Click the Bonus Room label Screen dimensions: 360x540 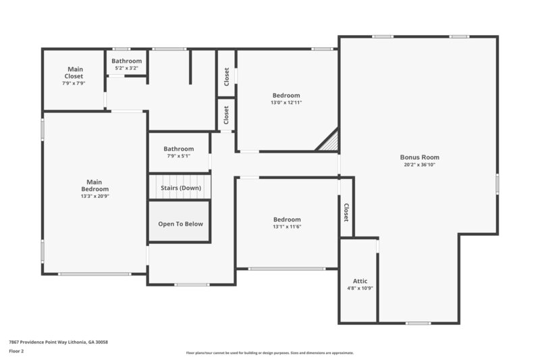[419, 157]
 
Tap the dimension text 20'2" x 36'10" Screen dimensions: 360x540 [419, 165]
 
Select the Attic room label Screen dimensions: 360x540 [360, 280]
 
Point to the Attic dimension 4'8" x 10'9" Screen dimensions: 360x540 [360, 288]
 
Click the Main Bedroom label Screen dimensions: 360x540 [94, 185]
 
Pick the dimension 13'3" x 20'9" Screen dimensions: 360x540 [94, 196]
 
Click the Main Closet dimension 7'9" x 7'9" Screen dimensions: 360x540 [74, 84]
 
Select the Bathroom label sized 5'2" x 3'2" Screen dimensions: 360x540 [126, 61]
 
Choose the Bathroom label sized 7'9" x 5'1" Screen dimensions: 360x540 [179, 149]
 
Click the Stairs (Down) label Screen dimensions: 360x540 [180, 188]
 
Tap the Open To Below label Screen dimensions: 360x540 [180, 224]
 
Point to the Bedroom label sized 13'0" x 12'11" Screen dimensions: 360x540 [286, 95]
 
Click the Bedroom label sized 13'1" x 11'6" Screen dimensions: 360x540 [287, 220]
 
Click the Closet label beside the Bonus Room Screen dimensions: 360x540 [346, 212]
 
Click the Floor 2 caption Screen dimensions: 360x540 [16, 351]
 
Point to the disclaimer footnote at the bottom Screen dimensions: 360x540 [269, 353]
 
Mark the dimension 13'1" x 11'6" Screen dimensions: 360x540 [287, 227]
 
